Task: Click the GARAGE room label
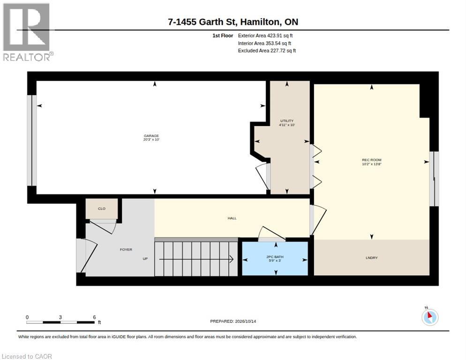coord(151,136)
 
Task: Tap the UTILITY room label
coord(287,121)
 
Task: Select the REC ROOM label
coord(371,160)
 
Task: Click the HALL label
coord(232,218)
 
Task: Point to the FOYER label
coord(126,250)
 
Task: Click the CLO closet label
coord(102,209)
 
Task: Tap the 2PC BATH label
coord(275,257)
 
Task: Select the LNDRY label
coord(372,258)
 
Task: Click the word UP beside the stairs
coord(145,259)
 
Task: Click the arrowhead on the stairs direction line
coord(232,259)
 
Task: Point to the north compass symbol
coord(430,317)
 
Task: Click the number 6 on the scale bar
coord(95,317)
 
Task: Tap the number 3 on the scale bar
coord(60,317)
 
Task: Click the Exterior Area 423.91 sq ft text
coord(265,36)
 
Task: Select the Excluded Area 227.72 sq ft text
coord(267,51)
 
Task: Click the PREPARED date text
coord(233,322)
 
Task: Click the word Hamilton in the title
coord(260,22)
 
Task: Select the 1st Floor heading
coord(223,36)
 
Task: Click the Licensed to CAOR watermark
coord(27,356)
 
